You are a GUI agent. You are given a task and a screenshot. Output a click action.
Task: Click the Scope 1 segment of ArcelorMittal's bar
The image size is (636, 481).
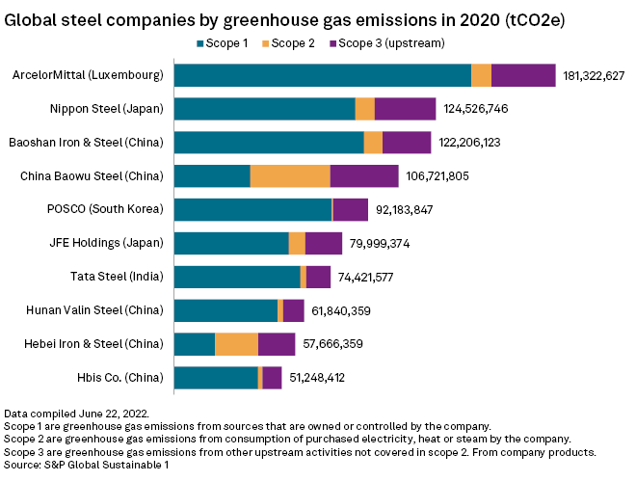pos(323,76)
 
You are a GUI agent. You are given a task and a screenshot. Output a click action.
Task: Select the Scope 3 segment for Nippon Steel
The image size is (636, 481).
pos(405,109)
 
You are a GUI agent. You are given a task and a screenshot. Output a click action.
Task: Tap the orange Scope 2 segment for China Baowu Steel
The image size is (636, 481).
pos(290,176)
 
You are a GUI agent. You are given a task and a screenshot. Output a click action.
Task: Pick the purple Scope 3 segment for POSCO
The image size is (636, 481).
pos(351,210)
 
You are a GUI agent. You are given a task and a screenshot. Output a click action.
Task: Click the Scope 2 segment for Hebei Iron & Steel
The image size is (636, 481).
pos(236,344)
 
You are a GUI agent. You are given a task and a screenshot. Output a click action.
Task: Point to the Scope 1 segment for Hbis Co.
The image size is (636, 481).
pos(216,378)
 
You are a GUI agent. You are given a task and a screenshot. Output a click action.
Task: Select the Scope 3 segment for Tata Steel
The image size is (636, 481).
pos(318,277)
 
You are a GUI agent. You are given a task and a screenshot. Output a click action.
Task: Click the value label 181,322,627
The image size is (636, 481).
pos(594,76)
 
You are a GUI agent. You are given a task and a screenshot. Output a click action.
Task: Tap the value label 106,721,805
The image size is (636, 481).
pos(437,176)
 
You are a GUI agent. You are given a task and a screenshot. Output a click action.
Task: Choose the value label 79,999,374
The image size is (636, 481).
pos(378,244)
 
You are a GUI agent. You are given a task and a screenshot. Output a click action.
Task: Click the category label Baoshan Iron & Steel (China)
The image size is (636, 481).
pos(86,143)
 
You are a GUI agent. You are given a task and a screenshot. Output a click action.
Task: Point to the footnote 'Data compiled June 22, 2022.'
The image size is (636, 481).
pos(77,413)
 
